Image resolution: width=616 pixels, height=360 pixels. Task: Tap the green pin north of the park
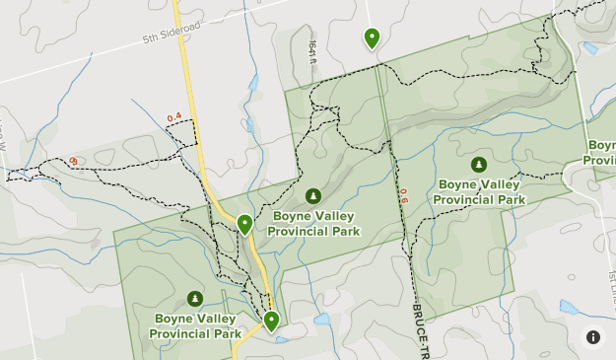pyautogui.click(x=372, y=38)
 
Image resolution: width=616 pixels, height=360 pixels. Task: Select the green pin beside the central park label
pyautogui.click(x=244, y=225)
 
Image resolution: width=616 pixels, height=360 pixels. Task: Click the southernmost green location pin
pyautogui.click(x=270, y=321)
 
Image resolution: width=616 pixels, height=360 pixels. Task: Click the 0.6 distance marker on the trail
pyautogui.click(x=402, y=196)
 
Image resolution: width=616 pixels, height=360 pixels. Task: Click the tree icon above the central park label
pyautogui.click(x=312, y=196)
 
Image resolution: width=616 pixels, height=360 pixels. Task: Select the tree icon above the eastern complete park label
pyautogui.click(x=478, y=165)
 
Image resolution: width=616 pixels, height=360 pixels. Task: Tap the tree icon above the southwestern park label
pyautogui.click(x=195, y=299)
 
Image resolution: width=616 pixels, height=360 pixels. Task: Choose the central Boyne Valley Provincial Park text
pyautogui.click(x=312, y=223)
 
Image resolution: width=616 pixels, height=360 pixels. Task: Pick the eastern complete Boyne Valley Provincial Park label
pyautogui.click(x=482, y=191)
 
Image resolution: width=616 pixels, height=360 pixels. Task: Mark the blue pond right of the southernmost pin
pyautogui.click(x=321, y=320)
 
